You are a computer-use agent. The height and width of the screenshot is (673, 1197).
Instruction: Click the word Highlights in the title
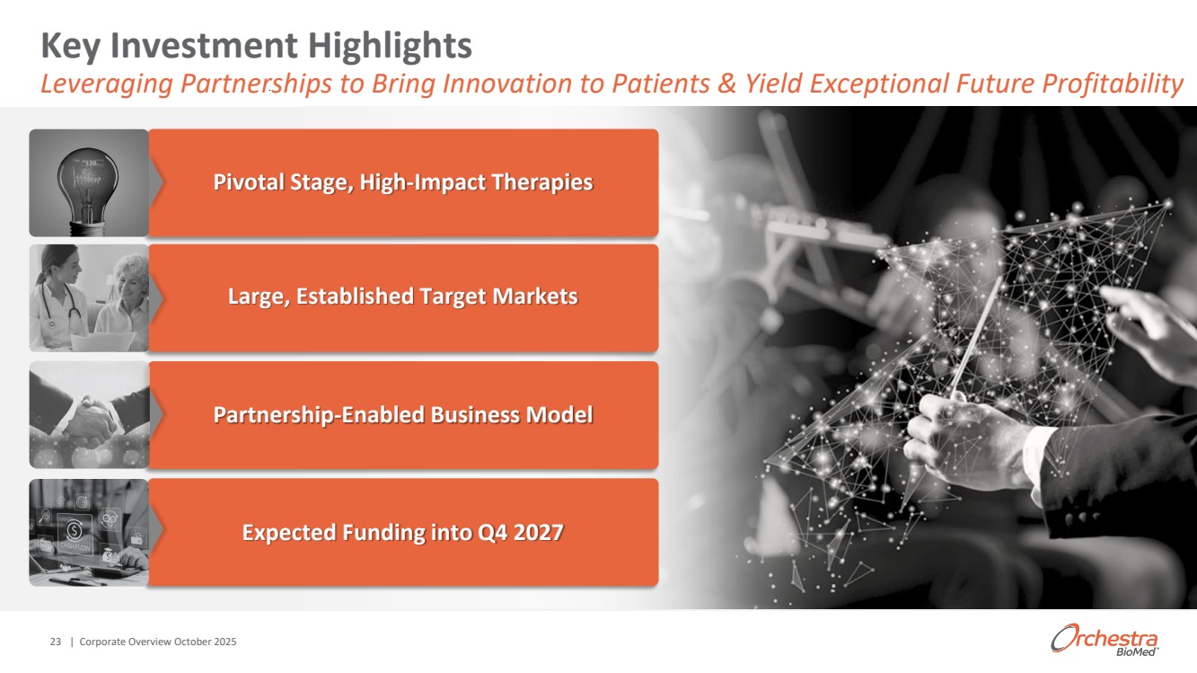click(x=390, y=46)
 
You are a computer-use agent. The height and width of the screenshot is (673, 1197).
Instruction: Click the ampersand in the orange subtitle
click(x=726, y=84)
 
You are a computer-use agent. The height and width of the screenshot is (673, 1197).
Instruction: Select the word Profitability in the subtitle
click(x=1113, y=84)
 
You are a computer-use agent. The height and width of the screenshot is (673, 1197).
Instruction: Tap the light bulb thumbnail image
click(x=89, y=182)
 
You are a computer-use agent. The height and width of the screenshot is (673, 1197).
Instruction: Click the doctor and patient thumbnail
click(x=89, y=297)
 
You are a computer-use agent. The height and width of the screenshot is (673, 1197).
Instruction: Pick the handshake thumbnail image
click(x=89, y=415)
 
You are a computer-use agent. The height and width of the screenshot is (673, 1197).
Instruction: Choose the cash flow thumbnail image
click(x=89, y=533)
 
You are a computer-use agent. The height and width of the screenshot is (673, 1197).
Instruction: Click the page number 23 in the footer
click(x=56, y=642)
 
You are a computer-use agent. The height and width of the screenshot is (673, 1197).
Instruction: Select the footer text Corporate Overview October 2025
click(x=158, y=642)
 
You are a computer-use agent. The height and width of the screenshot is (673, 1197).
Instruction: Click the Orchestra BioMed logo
click(x=1105, y=640)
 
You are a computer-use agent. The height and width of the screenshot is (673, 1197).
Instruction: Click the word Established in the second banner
click(x=355, y=297)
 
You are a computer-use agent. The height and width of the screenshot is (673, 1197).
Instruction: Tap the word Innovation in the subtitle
click(x=506, y=84)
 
